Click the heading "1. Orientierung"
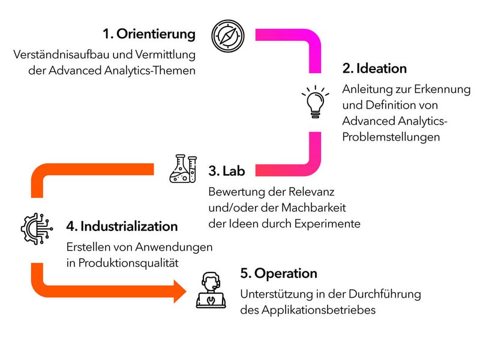149,34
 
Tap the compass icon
228,36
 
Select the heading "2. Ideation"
374,68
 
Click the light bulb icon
316,102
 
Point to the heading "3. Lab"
227,171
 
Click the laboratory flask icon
183,169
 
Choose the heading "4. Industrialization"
122,227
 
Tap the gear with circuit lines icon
37,229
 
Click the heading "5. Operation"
278,274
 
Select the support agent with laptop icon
211,290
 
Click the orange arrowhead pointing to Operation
179,291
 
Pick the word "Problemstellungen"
391,137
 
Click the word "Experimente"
327,224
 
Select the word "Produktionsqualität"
128,263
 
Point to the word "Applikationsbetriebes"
319,310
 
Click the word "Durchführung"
385,294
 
